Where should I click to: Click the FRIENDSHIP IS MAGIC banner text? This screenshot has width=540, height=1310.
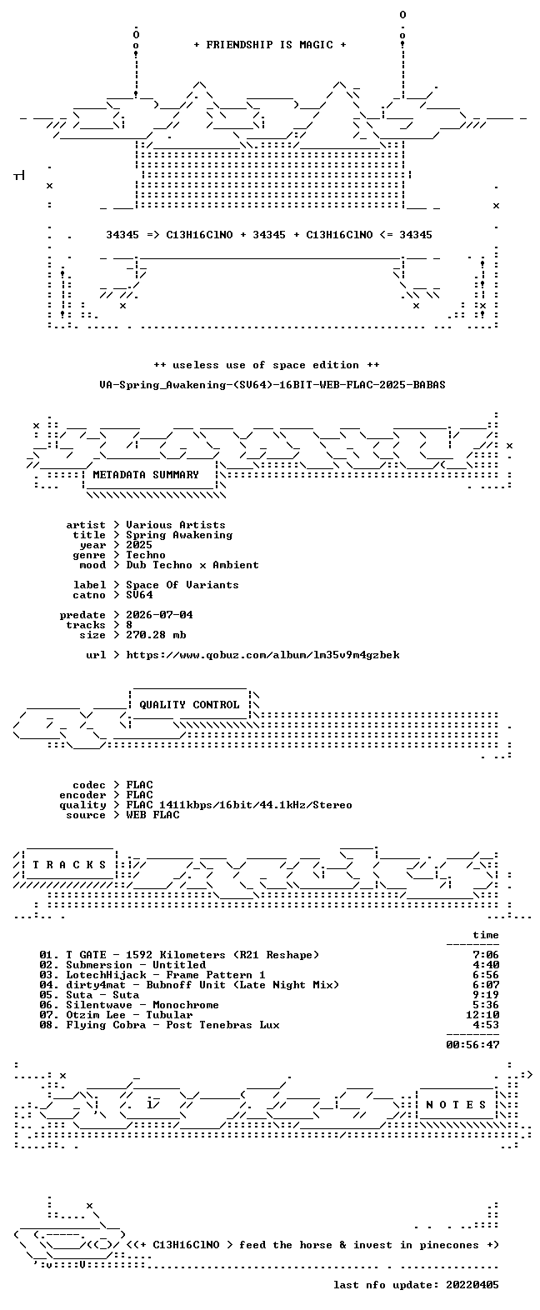point(270,45)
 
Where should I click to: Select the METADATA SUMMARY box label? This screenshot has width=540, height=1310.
point(146,475)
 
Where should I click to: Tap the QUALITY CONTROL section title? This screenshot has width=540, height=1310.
point(189,705)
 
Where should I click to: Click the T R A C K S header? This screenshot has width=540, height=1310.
point(70,865)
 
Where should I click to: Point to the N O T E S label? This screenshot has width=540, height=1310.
point(457,1105)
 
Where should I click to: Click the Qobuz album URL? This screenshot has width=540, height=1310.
point(263,655)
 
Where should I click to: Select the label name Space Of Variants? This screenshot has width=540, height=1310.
point(182,585)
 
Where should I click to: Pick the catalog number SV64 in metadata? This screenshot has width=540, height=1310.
point(139,595)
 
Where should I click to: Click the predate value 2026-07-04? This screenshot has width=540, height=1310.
point(159,615)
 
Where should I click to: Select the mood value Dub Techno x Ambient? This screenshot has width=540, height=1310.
point(192,565)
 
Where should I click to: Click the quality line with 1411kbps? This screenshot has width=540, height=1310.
point(239,805)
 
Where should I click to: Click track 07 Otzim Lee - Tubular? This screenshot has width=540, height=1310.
point(129,1015)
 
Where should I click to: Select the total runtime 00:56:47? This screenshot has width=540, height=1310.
point(472,1044)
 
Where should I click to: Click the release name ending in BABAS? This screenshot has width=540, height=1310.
point(272,385)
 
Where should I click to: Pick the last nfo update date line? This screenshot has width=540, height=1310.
point(417,1285)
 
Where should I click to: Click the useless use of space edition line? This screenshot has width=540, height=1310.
point(267,366)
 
